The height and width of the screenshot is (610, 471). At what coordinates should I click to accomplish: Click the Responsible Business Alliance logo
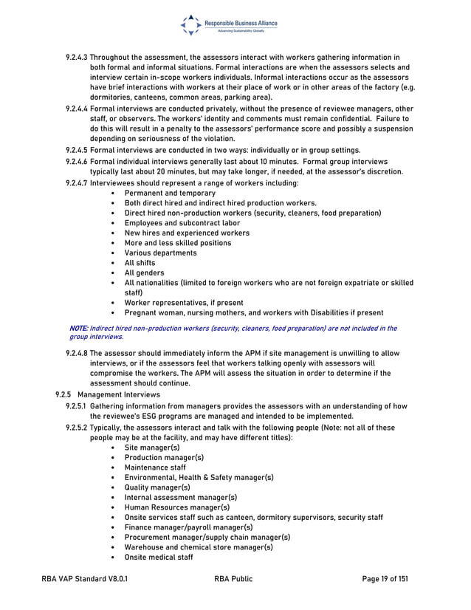[229, 25]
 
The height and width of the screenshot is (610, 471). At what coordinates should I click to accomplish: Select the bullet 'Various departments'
[160, 253]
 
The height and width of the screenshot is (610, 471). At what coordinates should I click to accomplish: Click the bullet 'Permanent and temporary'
[170, 193]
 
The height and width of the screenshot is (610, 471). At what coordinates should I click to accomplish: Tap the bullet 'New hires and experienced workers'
[187, 233]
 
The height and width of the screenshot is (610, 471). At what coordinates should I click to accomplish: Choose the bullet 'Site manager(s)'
[151, 448]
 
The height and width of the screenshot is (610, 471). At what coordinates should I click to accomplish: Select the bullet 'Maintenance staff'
[155, 467]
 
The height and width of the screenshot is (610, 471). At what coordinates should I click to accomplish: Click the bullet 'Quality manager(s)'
[157, 487]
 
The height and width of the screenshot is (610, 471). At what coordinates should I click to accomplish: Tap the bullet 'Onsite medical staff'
[159, 557]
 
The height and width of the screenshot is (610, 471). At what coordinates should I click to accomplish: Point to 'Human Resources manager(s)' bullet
[177, 507]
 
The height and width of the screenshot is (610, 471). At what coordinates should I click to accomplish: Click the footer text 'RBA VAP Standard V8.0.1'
[83, 580]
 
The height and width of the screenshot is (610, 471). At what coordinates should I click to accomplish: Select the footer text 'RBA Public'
[233, 580]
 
